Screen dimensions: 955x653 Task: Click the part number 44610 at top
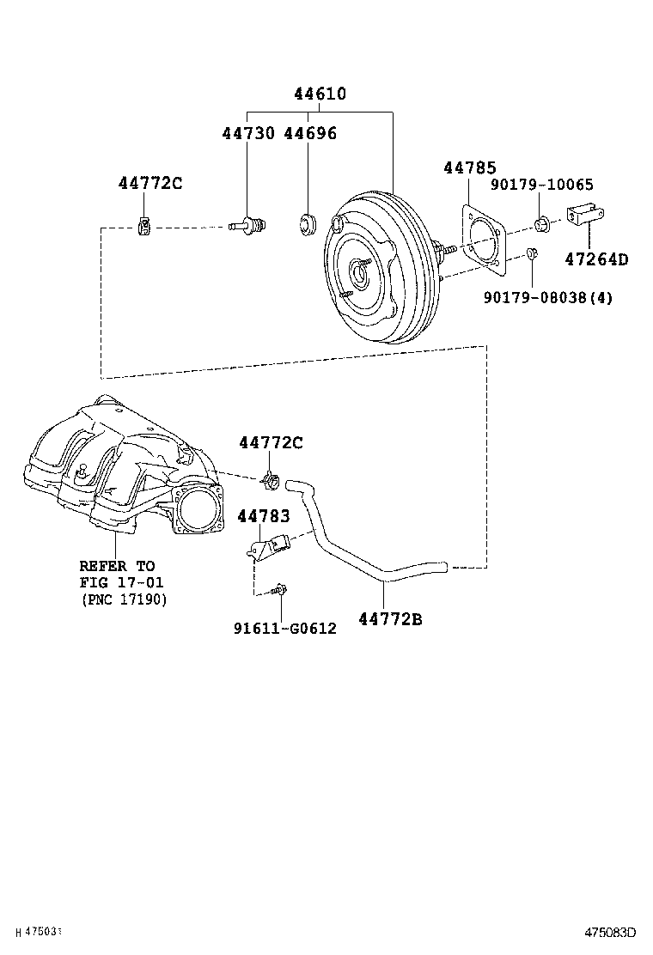(x=320, y=94)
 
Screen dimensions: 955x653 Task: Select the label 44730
(x=248, y=133)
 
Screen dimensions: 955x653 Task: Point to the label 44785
(x=470, y=168)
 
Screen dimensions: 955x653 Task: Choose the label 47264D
(x=596, y=259)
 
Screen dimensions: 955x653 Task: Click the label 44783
(x=264, y=516)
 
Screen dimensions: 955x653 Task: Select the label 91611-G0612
(x=284, y=629)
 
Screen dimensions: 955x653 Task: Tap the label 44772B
(x=390, y=617)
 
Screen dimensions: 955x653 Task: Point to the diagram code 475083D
(x=610, y=932)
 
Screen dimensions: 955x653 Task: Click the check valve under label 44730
(x=248, y=225)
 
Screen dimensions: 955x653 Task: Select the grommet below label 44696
(x=308, y=225)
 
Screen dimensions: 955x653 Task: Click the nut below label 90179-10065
(x=542, y=225)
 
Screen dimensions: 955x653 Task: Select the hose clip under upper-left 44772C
(x=145, y=226)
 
